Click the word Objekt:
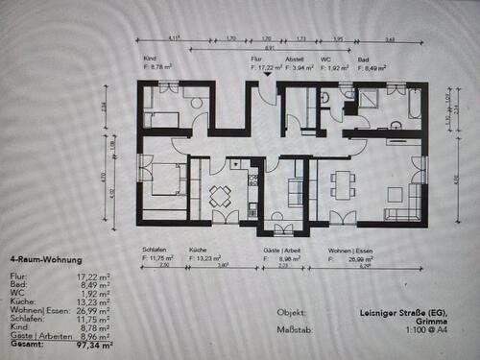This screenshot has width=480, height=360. click(x=292, y=312)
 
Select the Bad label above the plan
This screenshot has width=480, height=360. click(x=363, y=59)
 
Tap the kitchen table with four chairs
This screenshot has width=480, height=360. click(x=220, y=195)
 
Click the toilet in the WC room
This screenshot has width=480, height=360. click(x=326, y=96)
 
